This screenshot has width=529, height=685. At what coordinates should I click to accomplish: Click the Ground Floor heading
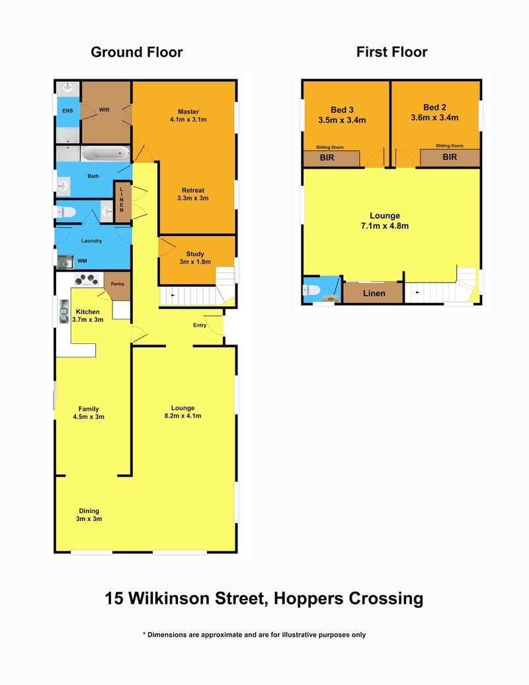click(x=136, y=52)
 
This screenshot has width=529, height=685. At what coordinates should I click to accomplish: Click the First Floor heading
click(x=391, y=52)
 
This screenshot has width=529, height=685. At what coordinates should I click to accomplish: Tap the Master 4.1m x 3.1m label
click(x=188, y=116)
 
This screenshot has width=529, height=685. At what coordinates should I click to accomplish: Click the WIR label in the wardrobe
click(x=104, y=109)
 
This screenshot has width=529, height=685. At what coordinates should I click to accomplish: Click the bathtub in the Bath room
click(x=105, y=154)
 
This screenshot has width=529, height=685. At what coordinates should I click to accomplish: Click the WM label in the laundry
click(x=82, y=262)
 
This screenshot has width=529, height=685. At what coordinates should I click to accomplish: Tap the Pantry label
click(x=118, y=284)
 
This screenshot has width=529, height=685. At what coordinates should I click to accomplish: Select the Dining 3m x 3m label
click(x=89, y=515)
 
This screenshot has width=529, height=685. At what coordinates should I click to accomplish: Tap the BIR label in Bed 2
click(x=450, y=157)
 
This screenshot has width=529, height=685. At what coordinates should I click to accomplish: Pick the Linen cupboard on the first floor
click(x=374, y=292)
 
